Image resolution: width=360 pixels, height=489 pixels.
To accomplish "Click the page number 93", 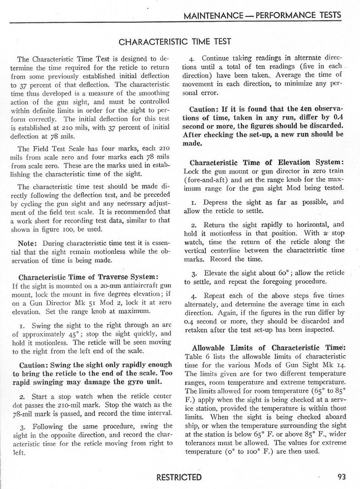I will (x=342, y=476).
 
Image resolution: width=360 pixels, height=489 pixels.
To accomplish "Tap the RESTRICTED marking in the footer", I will (x=179, y=477).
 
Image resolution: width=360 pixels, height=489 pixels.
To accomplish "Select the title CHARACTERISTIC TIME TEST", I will (x=175, y=41).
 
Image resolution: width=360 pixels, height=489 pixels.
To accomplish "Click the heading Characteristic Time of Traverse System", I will (x=89, y=277).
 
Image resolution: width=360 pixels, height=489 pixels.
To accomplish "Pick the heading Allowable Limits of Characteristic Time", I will (x=269, y=348).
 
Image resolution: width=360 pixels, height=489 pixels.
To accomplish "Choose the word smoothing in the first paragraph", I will (x=154, y=94).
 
